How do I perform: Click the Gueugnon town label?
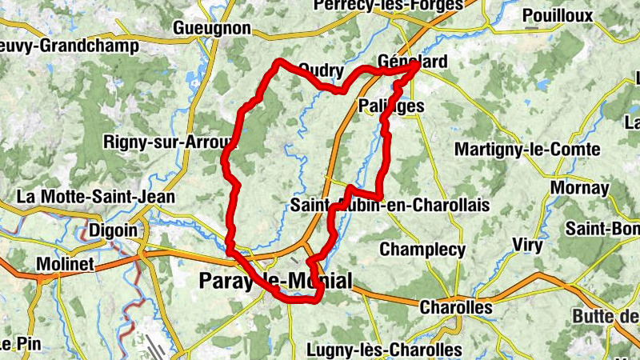(x=212, y=29)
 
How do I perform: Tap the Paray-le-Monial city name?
(x=274, y=281)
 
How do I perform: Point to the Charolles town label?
(x=456, y=307)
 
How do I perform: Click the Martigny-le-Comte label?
(x=527, y=149)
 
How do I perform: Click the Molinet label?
(x=66, y=263)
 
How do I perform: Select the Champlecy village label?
(x=422, y=250)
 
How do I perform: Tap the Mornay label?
(x=580, y=189)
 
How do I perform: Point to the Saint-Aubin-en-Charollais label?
(x=390, y=206)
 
